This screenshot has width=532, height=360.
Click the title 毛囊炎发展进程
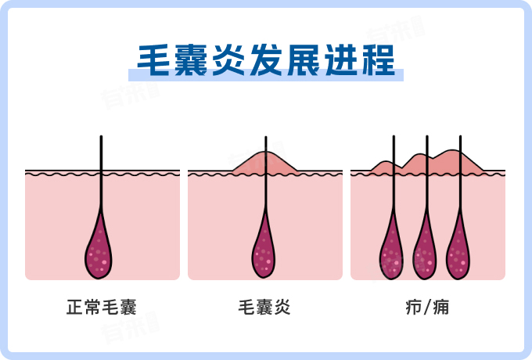[x=266, y=59]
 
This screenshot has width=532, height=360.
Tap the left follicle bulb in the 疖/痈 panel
[x=392, y=252]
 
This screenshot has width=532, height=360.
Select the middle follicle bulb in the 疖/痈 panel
[x=426, y=252]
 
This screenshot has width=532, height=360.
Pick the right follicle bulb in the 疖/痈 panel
[x=459, y=252]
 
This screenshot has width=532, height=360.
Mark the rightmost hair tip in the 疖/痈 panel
[x=461, y=139]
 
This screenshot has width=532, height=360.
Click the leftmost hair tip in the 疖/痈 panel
[x=394, y=139]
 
